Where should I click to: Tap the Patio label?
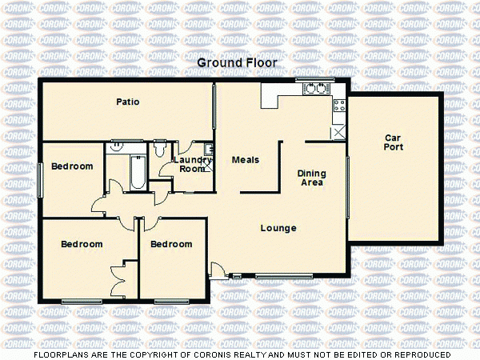pyautogui.click(x=128, y=102)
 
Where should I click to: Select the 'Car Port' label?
pyautogui.click(x=393, y=142)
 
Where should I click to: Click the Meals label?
pyautogui.click(x=246, y=160)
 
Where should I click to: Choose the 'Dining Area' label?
pyautogui.click(x=310, y=178)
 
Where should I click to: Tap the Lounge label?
pyautogui.click(x=278, y=229)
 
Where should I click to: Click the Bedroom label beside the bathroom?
pyautogui.click(x=72, y=166)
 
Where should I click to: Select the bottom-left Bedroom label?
pyautogui.click(x=82, y=244)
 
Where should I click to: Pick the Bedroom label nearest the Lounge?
pyautogui.click(x=172, y=244)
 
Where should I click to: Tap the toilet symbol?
pyautogui.click(x=159, y=149)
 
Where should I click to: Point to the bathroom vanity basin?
pyautogui.click(x=116, y=146)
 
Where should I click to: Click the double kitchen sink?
pyautogui.click(x=315, y=88)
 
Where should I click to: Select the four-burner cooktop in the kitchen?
pyautogui.click(x=339, y=104)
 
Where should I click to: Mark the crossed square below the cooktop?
pyautogui.click(x=338, y=132)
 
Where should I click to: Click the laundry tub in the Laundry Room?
pyautogui.click(x=207, y=149)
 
